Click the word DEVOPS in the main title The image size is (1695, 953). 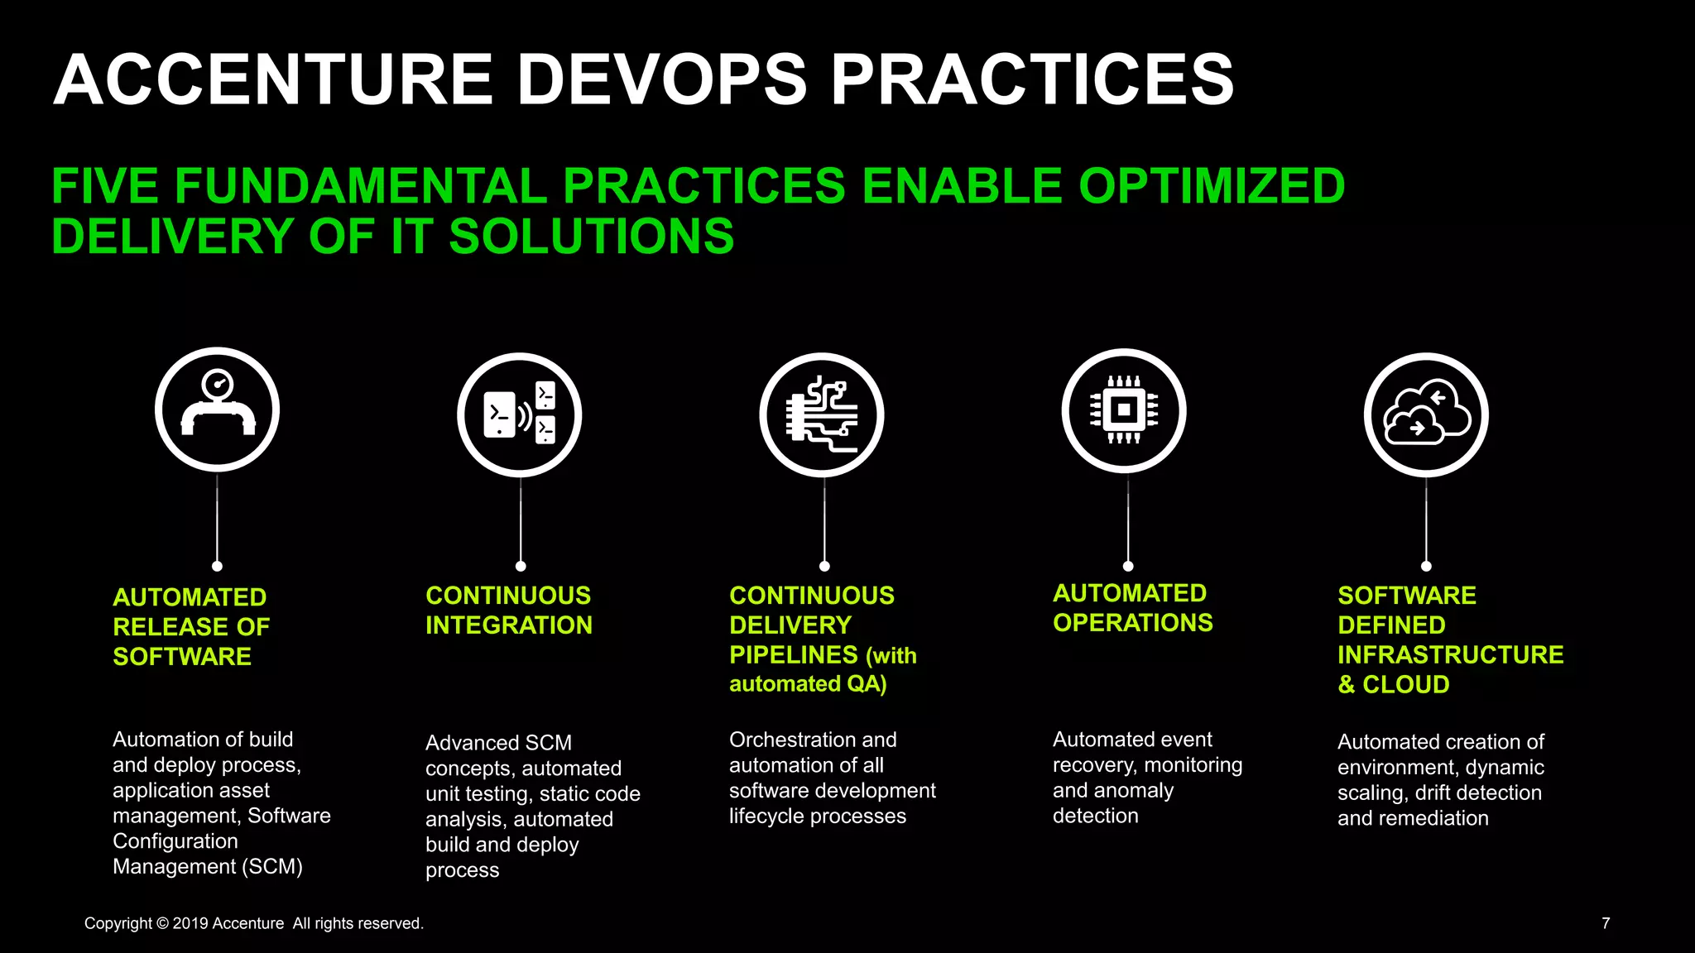coord(662,80)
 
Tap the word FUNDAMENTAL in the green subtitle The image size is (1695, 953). coord(360,186)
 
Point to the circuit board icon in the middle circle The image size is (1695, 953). coord(822,414)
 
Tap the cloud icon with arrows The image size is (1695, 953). coord(1426,414)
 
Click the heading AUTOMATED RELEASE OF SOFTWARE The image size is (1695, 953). coord(191,626)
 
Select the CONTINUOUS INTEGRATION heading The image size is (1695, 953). coord(508,610)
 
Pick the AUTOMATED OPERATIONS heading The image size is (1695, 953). coord(1132,607)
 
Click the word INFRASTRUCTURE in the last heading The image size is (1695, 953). coord(1450,654)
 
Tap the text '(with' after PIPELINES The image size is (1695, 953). coord(891,656)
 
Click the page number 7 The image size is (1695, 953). coord(1606,923)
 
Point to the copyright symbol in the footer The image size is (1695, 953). coord(162,923)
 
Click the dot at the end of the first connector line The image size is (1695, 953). coord(217,566)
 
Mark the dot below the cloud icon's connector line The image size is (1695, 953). coord(1426,566)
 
